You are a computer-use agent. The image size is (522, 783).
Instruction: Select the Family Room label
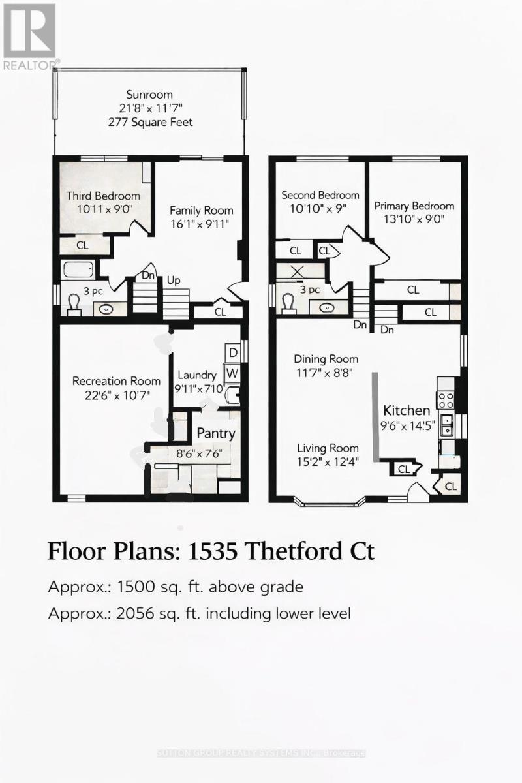[x=201, y=211]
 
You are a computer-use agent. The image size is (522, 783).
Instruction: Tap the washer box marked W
[x=232, y=373]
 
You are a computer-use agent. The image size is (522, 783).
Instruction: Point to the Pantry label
[x=216, y=433]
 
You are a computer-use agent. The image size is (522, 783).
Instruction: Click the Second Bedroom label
[x=320, y=195]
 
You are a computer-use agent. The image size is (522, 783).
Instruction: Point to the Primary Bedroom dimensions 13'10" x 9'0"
[x=414, y=219]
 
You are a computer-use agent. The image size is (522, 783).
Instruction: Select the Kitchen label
[x=406, y=411]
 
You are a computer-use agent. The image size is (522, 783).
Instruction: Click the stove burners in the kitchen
[x=446, y=397]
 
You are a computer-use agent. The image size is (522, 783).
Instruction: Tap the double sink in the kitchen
[x=446, y=425]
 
